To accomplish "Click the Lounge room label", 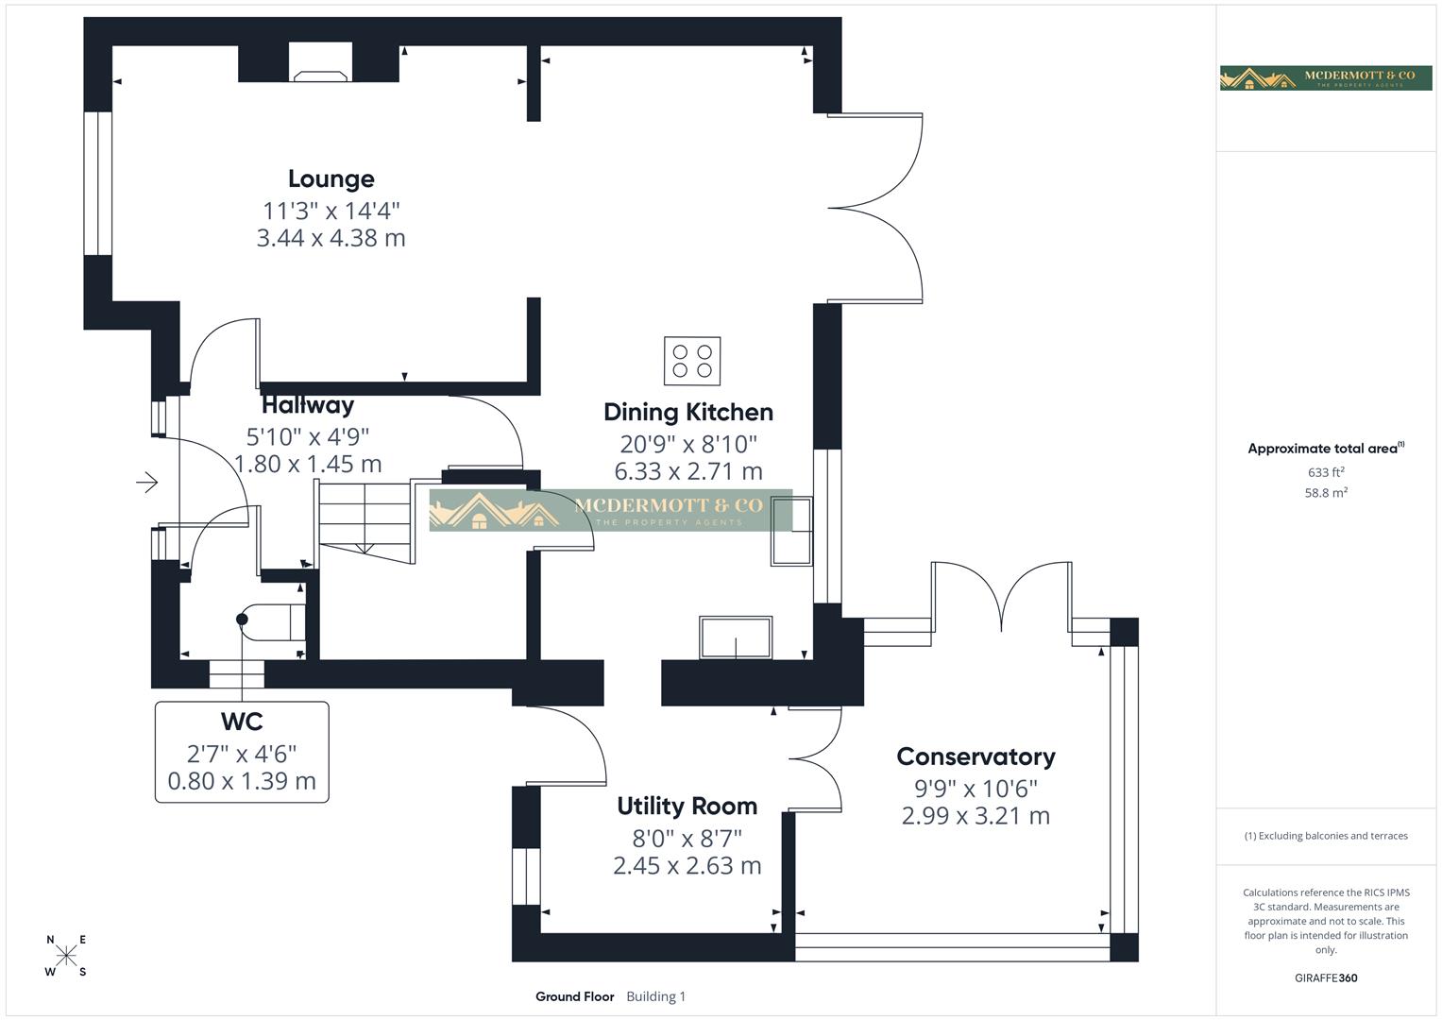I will [x=331, y=178].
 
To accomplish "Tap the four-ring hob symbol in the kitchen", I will [x=692, y=361].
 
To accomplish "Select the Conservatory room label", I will [x=975, y=756].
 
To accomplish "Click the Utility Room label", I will [x=687, y=806].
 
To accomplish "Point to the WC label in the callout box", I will [x=242, y=722].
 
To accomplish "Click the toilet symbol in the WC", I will [x=272, y=620].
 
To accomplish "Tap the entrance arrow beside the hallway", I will [x=146, y=483].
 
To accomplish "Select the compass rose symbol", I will [x=66, y=956].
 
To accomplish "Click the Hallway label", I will [x=308, y=405].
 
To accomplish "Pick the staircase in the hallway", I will [x=365, y=518].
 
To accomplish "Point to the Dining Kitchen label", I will [x=687, y=412].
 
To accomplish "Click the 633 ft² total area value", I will [x=1326, y=472].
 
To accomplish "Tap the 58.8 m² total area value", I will [x=1326, y=492].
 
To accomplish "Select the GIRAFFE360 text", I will [x=1326, y=977].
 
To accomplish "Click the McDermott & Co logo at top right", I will [x=1326, y=77].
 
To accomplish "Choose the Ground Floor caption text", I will [x=574, y=996].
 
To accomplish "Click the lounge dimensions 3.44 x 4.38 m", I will [x=331, y=238].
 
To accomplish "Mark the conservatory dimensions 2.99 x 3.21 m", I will [x=975, y=816].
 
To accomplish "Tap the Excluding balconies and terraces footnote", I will [x=1326, y=836].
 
